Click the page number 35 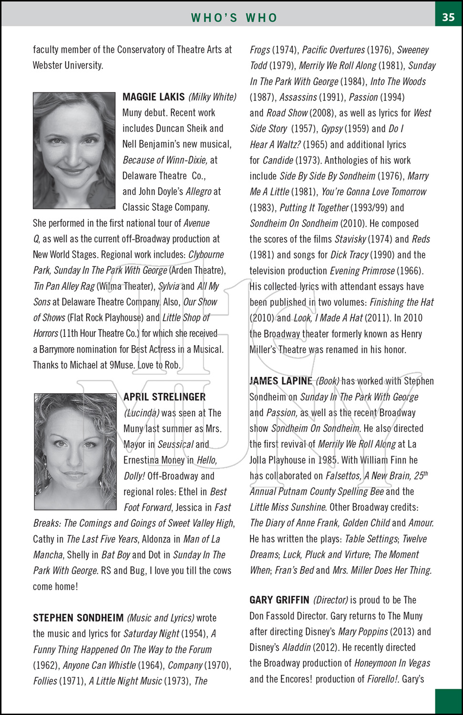(x=448, y=17)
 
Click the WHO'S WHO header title (x=234, y=18)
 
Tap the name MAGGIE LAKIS (x=154, y=97)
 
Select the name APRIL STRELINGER (x=165, y=397)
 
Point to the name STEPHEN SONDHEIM (x=78, y=618)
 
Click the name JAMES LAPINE (x=281, y=381)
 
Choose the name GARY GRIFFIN (x=279, y=600)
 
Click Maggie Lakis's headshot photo (x=74, y=150)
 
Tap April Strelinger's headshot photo (x=75, y=451)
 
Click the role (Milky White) (x=212, y=97)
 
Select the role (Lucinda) (x=142, y=413)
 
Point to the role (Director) (x=330, y=600)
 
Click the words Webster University (x=68, y=65)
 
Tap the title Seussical (x=175, y=444)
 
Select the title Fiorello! (x=383, y=679)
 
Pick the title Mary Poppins (x=363, y=632)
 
